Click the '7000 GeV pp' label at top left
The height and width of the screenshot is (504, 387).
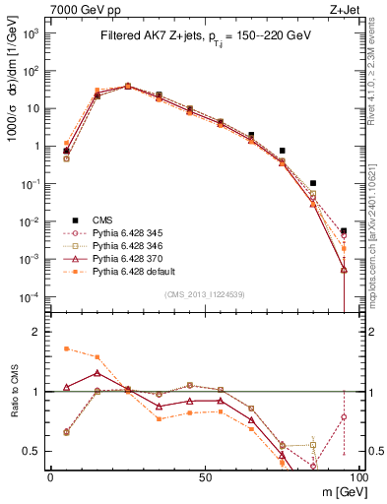point(81,8)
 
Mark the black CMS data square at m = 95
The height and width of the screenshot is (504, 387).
point(344,231)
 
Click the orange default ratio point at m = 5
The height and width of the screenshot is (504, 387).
point(66,348)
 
